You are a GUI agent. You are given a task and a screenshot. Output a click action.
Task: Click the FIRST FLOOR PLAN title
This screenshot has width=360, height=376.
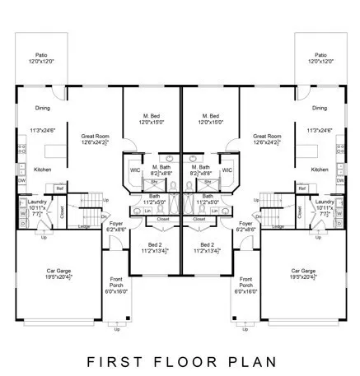click(x=180, y=360)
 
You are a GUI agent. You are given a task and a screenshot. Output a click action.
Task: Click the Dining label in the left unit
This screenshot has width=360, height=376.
click(x=43, y=108)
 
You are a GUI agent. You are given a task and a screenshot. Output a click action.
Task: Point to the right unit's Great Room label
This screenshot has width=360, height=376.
click(x=266, y=137)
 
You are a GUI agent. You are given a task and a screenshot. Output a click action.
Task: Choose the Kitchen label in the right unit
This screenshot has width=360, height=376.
click(x=320, y=169)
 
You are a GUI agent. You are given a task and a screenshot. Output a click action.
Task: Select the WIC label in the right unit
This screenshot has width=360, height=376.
click(x=227, y=169)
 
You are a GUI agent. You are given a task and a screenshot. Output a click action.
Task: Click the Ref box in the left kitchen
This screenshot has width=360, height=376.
click(x=59, y=188)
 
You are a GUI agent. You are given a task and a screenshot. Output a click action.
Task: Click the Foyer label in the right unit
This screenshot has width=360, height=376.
click(x=245, y=224)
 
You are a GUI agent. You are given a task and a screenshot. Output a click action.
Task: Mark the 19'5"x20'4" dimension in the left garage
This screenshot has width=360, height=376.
click(x=57, y=276)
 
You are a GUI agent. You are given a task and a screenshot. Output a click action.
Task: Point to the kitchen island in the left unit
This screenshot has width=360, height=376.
click(x=56, y=151)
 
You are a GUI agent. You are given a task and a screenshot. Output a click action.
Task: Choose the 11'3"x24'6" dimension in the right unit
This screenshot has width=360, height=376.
click(x=319, y=130)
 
